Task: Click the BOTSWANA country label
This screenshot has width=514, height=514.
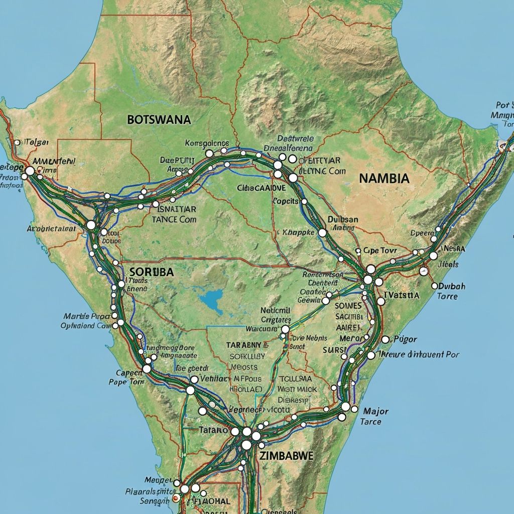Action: click(x=159, y=119)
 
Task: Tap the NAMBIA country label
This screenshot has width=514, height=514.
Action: click(x=384, y=178)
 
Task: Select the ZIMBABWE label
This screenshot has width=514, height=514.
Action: click(x=287, y=456)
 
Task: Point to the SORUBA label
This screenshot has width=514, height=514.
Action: click(x=151, y=272)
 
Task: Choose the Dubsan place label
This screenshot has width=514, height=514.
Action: click(x=343, y=219)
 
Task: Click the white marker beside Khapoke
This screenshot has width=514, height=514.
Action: click(x=322, y=233)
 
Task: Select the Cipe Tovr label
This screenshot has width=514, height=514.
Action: click(x=380, y=250)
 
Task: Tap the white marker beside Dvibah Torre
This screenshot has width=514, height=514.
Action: click(x=435, y=286)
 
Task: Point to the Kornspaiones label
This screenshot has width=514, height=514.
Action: click(x=207, y=143)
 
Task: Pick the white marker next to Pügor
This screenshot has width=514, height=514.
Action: click(x=385, y=340)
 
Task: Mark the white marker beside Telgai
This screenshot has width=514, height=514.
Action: click(x=17, y=143)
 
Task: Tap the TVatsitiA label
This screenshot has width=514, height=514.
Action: click(x=401, y=296)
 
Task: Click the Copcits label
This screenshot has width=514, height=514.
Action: click(x=285, y=201)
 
